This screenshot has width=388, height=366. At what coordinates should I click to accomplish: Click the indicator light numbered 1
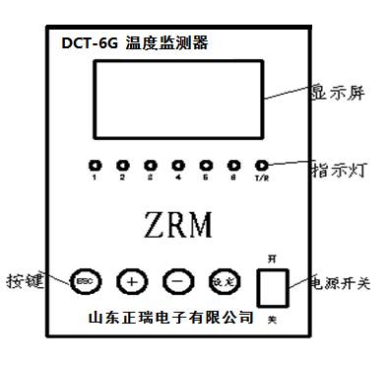point(95,165)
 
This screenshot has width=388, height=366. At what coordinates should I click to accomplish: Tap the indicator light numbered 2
point(122,165)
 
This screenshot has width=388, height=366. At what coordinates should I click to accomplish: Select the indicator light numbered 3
point(150,165)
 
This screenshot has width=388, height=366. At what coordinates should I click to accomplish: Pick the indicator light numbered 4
point(177,165)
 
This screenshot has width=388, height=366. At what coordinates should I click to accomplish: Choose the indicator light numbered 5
point(206,165)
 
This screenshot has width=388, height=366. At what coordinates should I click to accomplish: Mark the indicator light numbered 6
point(233,165)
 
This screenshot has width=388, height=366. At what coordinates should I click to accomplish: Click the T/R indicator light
point(262,165)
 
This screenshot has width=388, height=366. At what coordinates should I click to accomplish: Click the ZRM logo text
point(178,224)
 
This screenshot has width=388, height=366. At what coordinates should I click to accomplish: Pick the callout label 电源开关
point(344,283)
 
